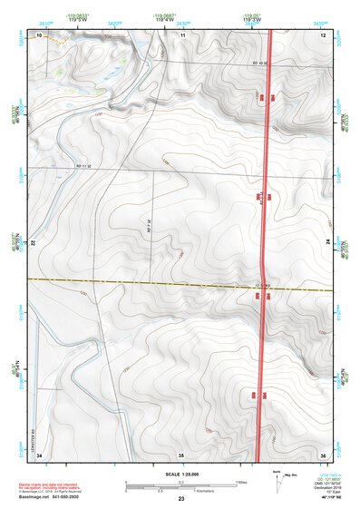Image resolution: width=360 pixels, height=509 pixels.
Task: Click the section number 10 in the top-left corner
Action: point(39,34)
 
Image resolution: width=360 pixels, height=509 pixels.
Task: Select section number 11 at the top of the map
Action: point(182,34)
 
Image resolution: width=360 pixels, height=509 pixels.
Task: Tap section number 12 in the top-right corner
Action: point(323,34)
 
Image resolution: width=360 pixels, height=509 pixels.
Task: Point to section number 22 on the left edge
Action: point(33,244)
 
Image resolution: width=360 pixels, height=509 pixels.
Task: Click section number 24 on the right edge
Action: point(325,244)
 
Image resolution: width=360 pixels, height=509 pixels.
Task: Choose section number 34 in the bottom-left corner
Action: point(39,454)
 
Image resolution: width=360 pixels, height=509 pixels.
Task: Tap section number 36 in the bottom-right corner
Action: point(323,454)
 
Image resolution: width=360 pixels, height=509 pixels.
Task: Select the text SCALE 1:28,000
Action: point(180,475)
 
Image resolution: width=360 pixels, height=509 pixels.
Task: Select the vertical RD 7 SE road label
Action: point(148,223)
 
